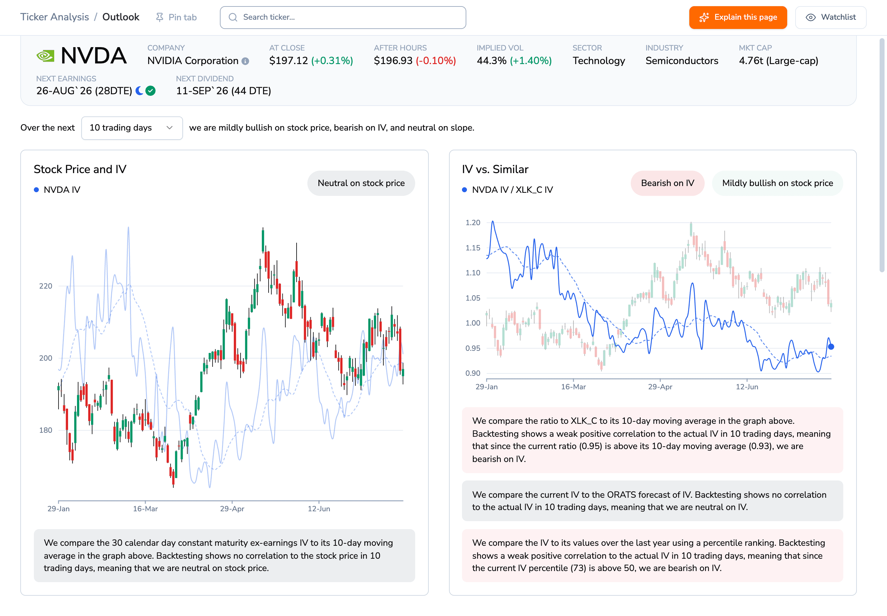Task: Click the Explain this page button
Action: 738,17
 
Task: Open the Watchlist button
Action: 831,17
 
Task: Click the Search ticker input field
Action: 343,17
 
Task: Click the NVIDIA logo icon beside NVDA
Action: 45,56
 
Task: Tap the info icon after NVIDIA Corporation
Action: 245,61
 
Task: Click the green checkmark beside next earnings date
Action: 151,91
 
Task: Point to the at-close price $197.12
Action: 288,61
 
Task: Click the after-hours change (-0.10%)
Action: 436,61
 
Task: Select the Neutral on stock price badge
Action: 361,183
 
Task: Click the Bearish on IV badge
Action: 667,183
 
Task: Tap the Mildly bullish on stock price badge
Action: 777,183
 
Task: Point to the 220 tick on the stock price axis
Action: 46,286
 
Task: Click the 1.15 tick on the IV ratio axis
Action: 473,248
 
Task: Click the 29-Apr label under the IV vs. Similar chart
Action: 660,387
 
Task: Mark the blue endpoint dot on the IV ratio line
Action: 831,346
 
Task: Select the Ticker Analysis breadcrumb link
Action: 55,17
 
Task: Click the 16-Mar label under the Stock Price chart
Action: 145,509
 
